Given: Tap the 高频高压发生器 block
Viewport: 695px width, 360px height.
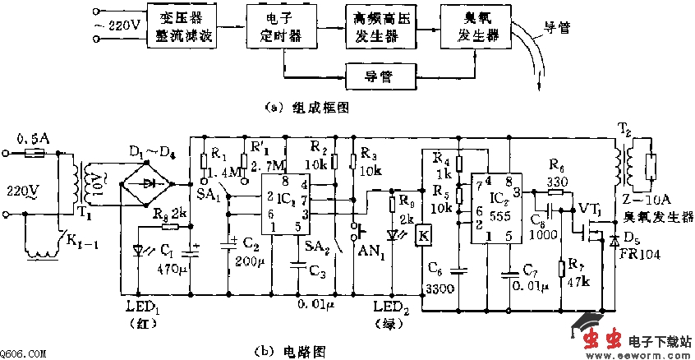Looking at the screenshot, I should point(380,27).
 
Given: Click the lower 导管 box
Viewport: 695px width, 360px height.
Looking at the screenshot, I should point(380,76).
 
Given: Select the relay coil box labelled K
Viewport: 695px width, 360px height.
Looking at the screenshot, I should point(424,233).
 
